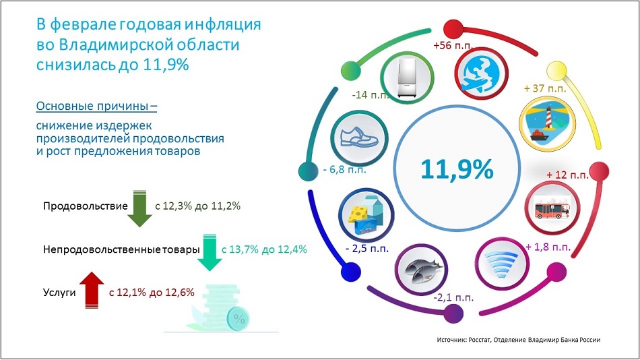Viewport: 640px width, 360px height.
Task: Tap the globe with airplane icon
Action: pos(480,74)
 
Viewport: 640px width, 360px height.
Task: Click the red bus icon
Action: pos(552,209)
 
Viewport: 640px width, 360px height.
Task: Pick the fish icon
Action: pos(422,270)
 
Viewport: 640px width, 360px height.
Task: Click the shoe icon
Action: pos(359,138)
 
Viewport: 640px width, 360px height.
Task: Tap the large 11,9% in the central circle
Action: pos(457,169)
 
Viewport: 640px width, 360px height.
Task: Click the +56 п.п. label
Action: pos(453,45)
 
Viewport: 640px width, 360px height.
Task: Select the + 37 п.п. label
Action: pos(545,88)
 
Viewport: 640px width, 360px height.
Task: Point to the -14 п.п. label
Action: pos(371,95)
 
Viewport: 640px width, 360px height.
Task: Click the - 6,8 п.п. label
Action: pos(344,169)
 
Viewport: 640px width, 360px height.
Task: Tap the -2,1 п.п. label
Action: pos(453,297)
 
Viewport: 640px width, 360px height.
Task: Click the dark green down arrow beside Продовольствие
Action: pos(139,208)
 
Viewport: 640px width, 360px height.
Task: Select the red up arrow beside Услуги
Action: pos(92,290)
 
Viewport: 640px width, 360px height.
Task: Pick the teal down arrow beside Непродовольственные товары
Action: pos(210,253)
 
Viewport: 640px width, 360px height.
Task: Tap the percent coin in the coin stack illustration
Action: pos(238,319)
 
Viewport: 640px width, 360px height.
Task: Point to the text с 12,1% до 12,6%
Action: pos(152,292)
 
